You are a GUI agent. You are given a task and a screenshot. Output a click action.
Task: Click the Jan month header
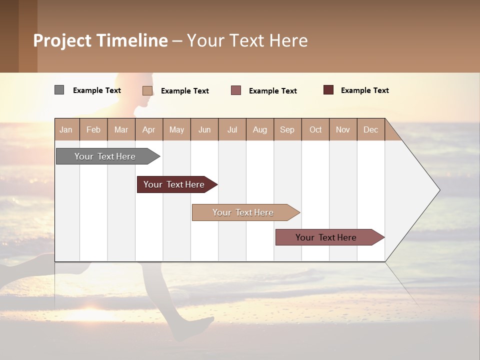click(66, 129)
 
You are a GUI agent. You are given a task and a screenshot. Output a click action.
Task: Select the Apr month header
click(148, 129)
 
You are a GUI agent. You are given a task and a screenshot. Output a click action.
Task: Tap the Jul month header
click(232, 129)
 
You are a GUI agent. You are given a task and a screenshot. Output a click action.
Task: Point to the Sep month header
click(287, 129)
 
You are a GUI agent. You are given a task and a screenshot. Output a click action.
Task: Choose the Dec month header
click(370, 129)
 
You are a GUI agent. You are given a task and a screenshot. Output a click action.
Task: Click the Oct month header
click(315, 129)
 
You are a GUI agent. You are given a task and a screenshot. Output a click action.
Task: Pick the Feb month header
click(93, 129)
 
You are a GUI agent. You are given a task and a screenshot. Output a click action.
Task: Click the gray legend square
click(59, 90)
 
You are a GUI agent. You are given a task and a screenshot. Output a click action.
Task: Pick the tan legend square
click(147, 90)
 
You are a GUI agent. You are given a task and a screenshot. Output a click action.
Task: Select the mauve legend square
click(236, 90)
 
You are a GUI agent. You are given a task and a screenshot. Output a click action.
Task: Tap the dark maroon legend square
click(328, 90)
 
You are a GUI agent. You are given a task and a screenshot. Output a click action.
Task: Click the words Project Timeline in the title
click(100, 40)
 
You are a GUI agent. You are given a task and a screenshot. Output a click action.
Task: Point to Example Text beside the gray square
click(97, 90)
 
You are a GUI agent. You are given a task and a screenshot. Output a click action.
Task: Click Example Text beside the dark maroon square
click(364, 90)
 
